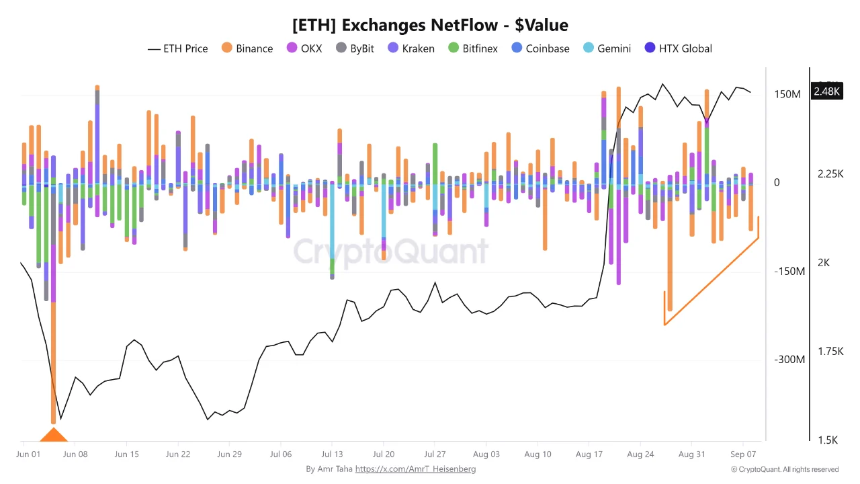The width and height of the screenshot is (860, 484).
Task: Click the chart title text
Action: click(430, 26)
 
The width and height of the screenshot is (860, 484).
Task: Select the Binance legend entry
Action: click(247, 48)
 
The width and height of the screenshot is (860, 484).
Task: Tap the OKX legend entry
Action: click(304, 48)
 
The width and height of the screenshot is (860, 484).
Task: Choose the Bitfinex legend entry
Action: click(473, 48)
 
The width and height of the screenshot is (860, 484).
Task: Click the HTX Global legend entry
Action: click(679, 48)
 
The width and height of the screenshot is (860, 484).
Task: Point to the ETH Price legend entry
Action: click(178, 49)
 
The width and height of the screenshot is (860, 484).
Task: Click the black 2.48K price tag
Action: click(826, 91)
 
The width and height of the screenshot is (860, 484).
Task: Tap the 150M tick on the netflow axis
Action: click(787, 95)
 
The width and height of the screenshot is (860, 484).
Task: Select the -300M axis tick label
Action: click(789, 360)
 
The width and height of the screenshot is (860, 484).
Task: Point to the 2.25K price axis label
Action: click(830, 174)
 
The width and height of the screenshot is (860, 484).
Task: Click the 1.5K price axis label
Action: click(828, 440)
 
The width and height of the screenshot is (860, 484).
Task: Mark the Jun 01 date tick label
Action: click(28, 454)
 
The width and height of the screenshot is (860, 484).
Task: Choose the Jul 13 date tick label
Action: click(332, 454)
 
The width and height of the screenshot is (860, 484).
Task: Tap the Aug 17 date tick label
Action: click(589, 454)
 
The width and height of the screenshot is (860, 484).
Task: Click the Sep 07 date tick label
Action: click(743, 454)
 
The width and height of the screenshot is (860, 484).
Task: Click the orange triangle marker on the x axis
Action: click(53, 435)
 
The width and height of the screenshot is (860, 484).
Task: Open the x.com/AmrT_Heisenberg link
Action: click(415, 469)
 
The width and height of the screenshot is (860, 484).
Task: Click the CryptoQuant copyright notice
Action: click(785, 469)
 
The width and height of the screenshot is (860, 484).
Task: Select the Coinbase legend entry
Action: click(541, 48)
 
